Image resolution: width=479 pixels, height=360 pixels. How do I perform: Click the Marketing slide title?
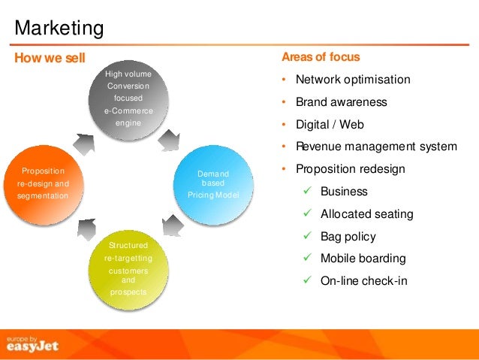(59, 29)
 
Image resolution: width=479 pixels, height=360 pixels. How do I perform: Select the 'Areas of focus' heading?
(321, 57)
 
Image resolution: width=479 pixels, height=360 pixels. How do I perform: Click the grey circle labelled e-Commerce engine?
(128, 98)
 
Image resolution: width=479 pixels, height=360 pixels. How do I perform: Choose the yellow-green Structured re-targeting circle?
(128, 268)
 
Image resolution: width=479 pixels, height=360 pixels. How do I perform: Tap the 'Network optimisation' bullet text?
(353, 80)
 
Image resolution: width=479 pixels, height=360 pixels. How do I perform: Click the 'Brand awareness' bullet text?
(342, 102)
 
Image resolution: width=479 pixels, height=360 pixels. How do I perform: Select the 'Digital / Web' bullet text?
(330, 125)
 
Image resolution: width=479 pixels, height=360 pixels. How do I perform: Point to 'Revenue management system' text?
(376, 147)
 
